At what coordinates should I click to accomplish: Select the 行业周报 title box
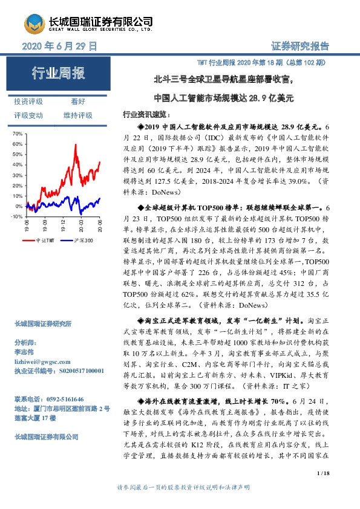click(59, 74)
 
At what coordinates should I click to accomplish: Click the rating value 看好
click(77, 102)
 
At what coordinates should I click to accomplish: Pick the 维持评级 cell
click(77, 115)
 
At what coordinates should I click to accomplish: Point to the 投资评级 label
click(28, 102)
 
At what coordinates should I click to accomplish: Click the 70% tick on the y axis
click(16, 133)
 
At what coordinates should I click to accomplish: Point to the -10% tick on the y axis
click(16, 216)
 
